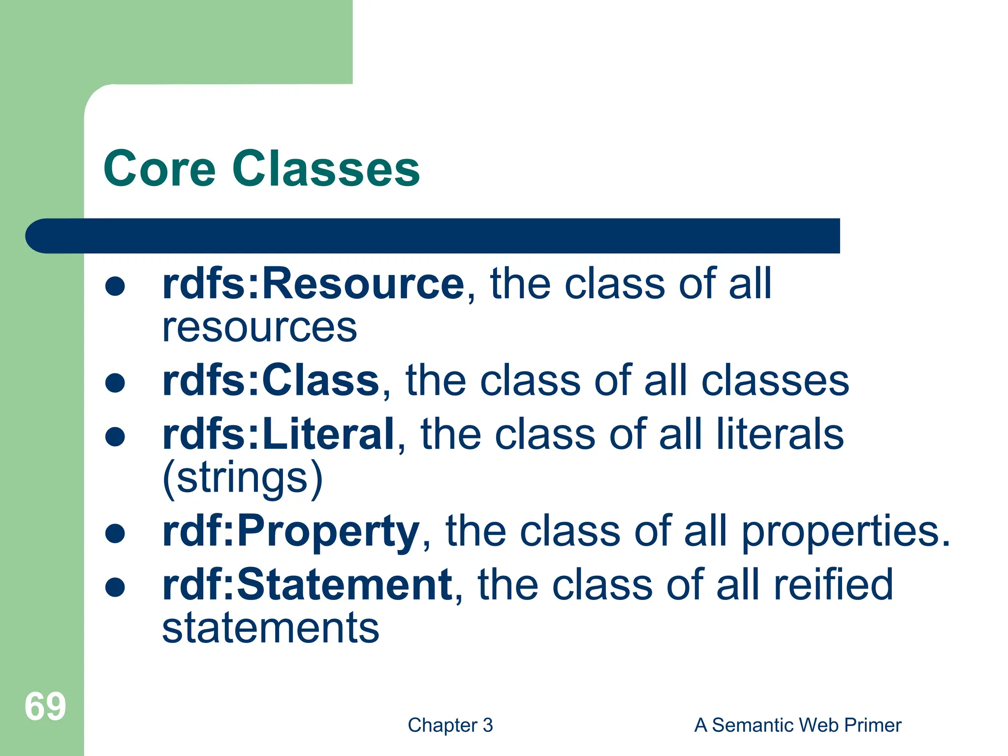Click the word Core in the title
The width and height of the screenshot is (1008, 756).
point(159,169)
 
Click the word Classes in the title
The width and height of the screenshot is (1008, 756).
point(325,169)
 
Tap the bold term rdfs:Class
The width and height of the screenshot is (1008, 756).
point(271,380)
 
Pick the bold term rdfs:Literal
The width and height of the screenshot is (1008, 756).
point(279,434)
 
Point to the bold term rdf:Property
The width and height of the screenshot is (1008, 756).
point(290,531)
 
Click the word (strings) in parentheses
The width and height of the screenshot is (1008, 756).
point(243,478)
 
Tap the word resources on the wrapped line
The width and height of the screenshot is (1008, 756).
point(259,327)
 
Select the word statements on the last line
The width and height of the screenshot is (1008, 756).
point(271,628)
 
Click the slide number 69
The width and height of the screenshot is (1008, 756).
point(45,707)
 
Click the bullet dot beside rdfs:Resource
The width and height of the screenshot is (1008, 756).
point(115,286)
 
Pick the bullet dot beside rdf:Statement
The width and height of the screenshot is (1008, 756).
point(115,587)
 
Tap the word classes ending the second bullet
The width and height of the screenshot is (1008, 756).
point(775,380)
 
